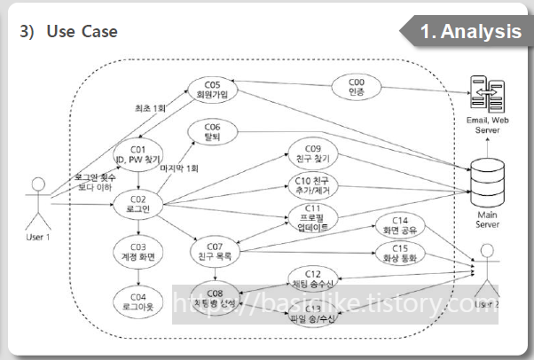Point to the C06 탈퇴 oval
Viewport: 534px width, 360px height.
212,131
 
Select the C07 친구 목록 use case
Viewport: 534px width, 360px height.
215,250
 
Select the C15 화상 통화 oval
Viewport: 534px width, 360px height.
399,254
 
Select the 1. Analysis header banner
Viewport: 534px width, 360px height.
469,31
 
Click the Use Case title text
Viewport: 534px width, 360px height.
82,32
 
